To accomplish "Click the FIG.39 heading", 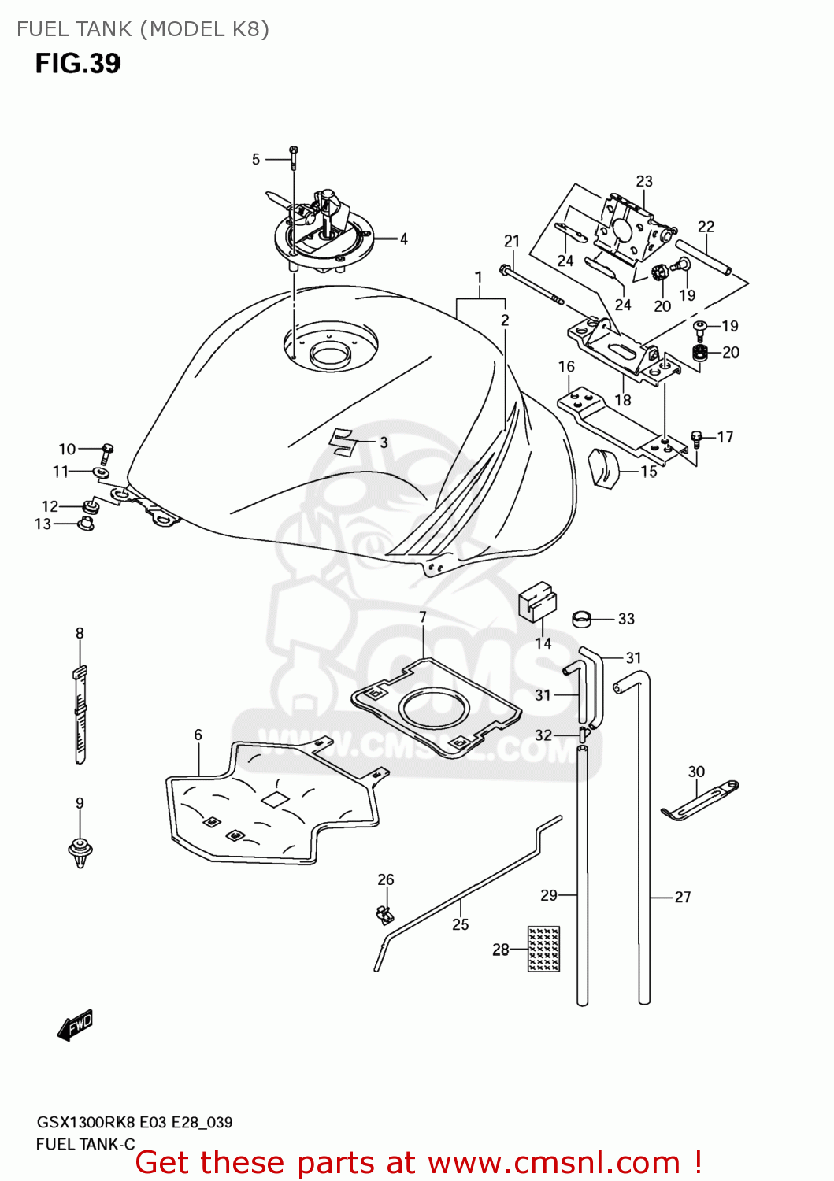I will coord(77,63).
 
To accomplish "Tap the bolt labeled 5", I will coord(293,157).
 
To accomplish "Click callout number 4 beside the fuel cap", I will coord(404,239).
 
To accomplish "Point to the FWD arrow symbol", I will coord(76,1025).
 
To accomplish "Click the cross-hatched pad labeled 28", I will coord(543,949).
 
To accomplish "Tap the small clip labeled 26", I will coord(384,914).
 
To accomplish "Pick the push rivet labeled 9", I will coord(80,852).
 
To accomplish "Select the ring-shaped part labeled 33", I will coord(582,618).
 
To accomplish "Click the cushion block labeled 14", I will coord(537,602).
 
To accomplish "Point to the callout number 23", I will coord(644,181).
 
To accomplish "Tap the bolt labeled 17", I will coord(696,439).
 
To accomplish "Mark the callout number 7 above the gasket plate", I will coord(423,616).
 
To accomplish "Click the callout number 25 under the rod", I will coord(461,924).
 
